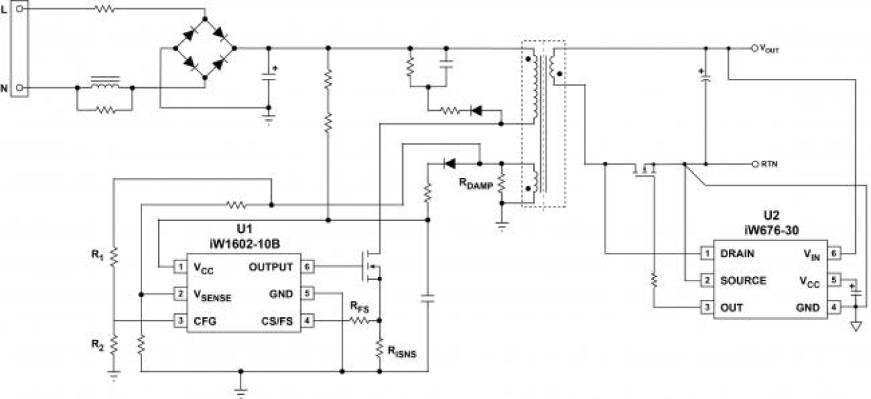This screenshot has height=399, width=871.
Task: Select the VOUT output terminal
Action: [x=754, y=48]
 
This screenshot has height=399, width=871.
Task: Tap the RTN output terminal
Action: [x=754, y=164]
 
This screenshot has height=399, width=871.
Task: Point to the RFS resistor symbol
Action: [x=360, y=321]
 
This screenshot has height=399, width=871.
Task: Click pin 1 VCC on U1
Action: [x=180, y=267]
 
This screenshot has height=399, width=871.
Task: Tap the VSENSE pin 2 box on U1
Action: [x=180, y=294]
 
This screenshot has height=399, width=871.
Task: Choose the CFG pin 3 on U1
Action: [x=180, y=321]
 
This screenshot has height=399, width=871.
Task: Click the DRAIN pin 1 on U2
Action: [x=705, y=254]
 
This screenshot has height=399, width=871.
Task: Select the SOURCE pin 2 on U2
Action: [x=705, y=281]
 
